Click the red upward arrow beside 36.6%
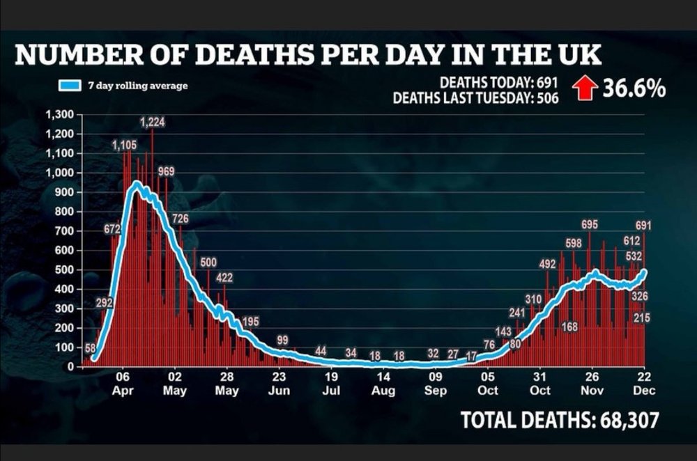(585, 88)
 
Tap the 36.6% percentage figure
(634, 88)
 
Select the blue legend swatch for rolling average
(70, 86)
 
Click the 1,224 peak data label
(153, 122)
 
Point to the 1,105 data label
(124, 146)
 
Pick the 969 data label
(167, 171)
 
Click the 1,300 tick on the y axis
(59, 115)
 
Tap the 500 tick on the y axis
(64, 270)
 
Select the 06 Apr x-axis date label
(123, 384)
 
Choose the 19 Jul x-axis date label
(331, 384)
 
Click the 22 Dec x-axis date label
(644, 384)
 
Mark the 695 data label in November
(590, 225)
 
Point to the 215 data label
(641, 318)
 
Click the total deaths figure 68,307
(629, 420)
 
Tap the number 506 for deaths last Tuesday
(548, 97)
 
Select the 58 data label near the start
(90, 348)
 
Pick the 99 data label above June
(282, 341)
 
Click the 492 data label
(547, 264)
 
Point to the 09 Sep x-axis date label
(435, 384)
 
